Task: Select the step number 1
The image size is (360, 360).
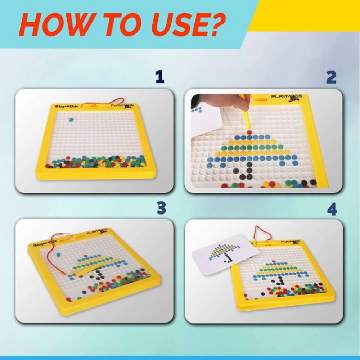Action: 159,77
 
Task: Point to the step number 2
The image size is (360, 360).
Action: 331,77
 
